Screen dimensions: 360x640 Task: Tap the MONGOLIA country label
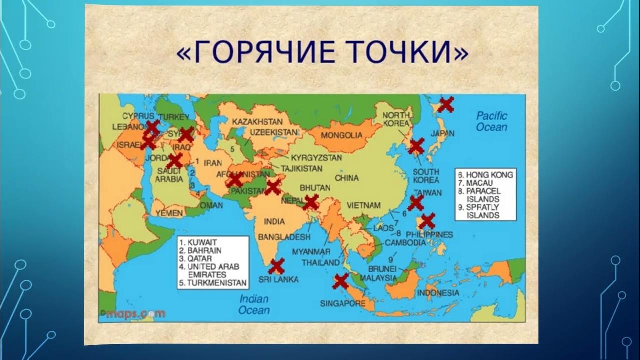(341, 135)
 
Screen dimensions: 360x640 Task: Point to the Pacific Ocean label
(491, 121)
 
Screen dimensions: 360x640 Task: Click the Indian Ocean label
(254, 305)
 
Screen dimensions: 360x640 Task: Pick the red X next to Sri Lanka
(276, 266)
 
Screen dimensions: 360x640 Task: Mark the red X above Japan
(446, 104)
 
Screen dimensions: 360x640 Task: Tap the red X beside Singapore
(341, 281)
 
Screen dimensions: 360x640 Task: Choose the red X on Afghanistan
(235, 180)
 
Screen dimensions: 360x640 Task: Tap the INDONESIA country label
(438, 293)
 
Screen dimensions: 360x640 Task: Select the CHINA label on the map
(347, 178)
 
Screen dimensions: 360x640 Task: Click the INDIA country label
(275, 221)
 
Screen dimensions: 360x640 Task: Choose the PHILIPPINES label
(430, 234)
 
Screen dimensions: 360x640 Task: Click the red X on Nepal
(310, 202)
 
